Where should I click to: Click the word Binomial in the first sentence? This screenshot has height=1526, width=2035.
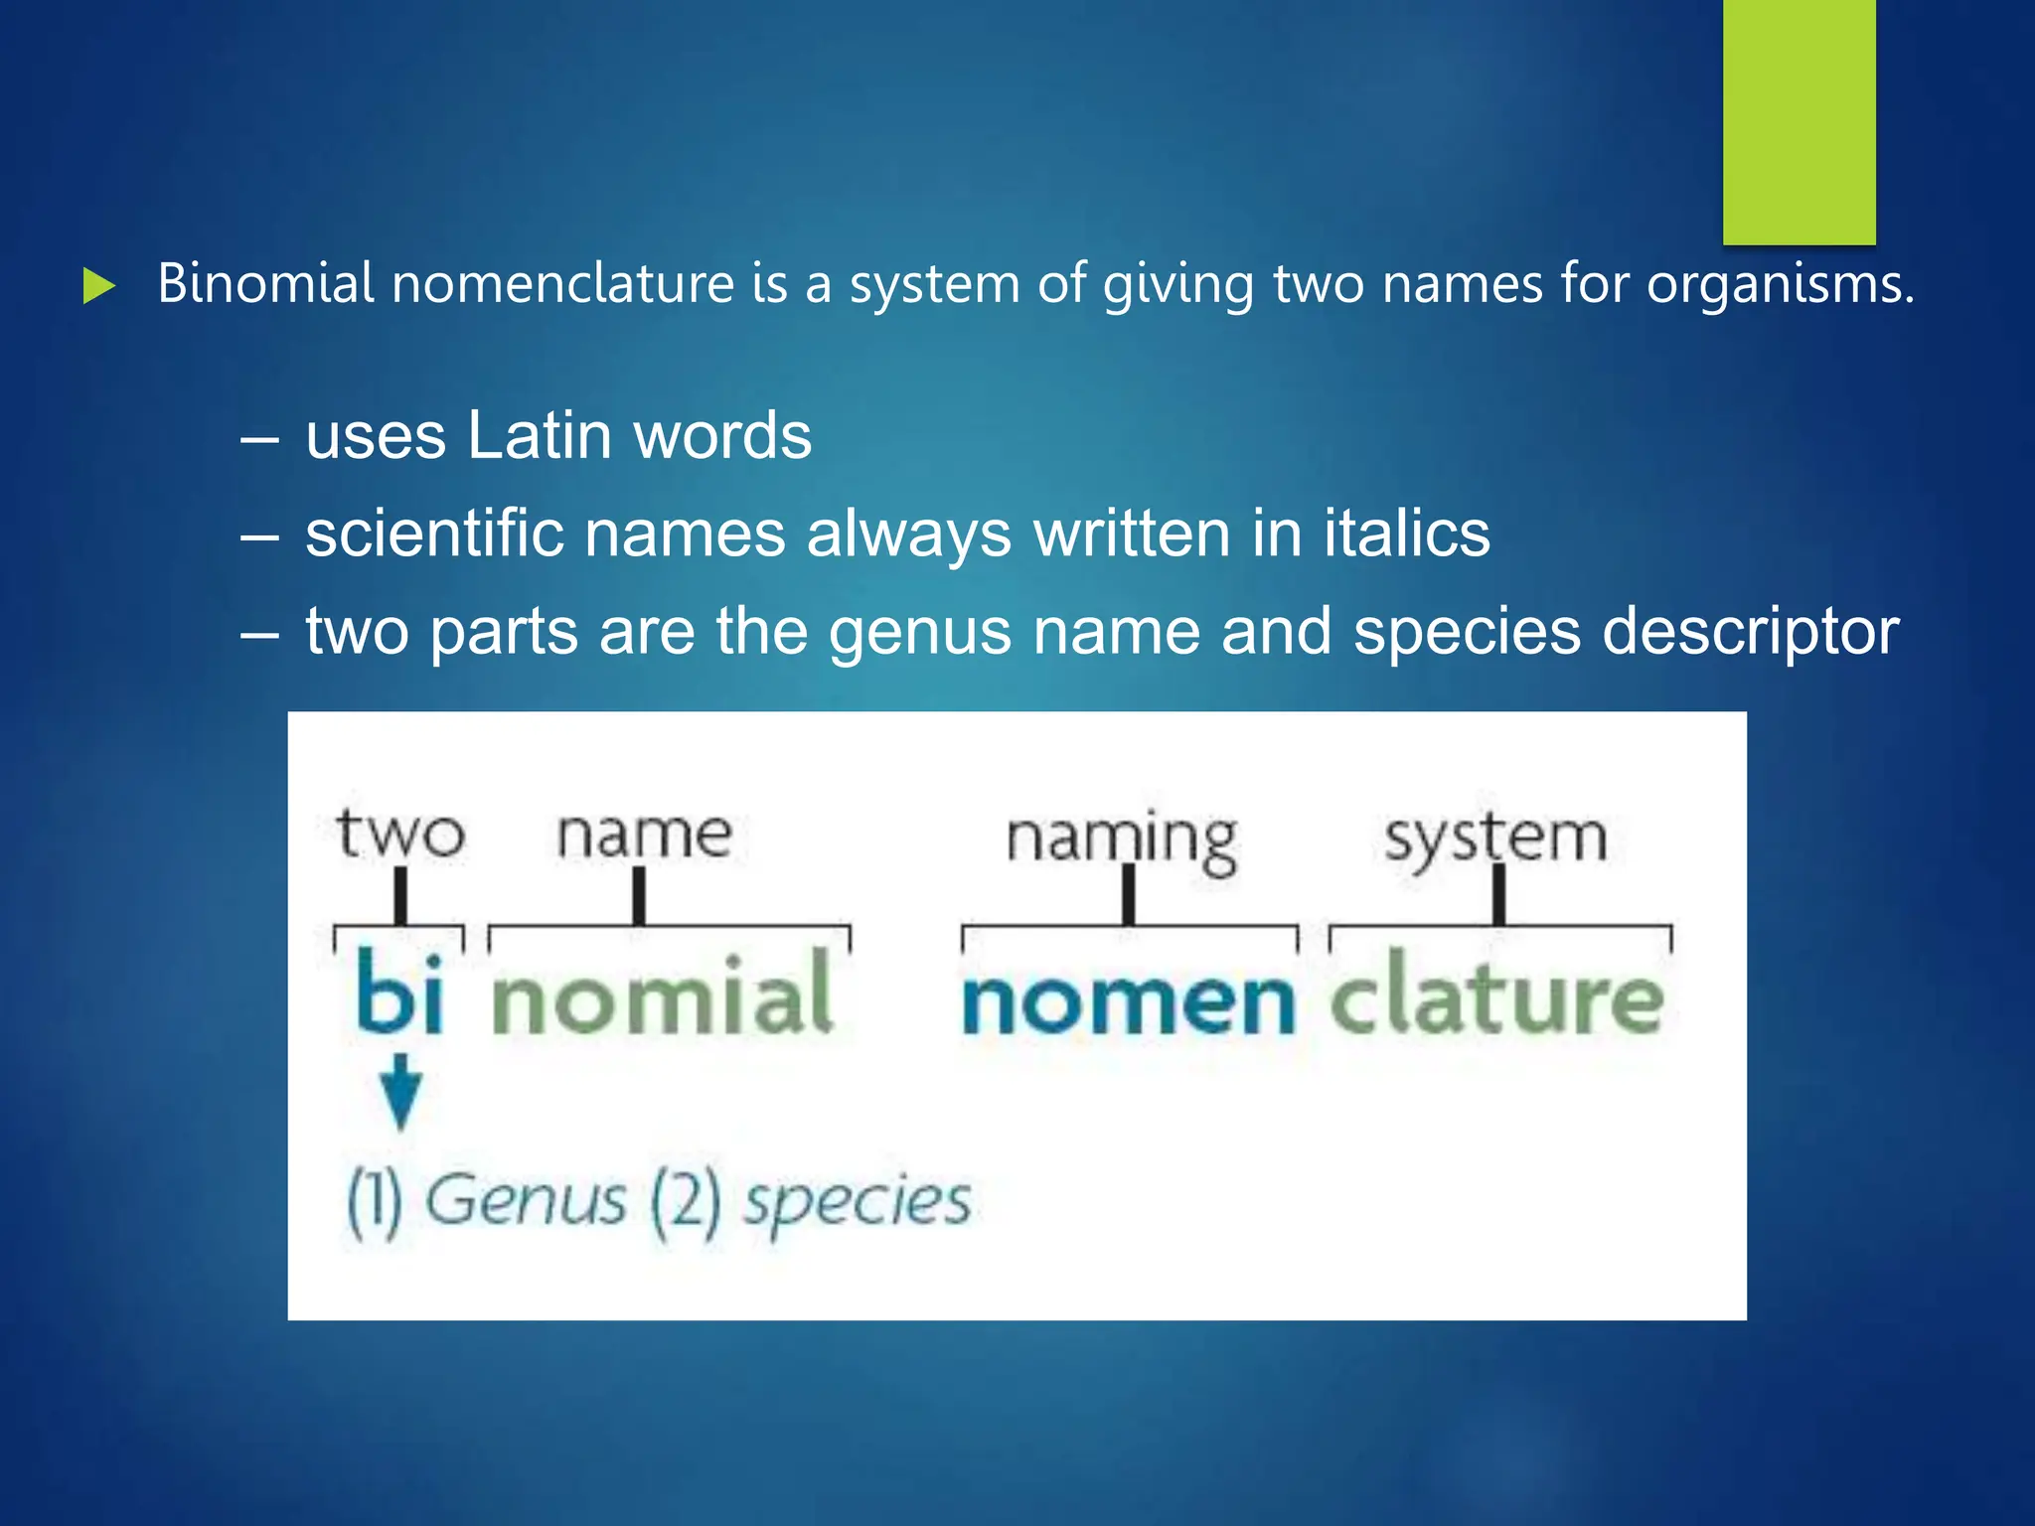[x=265, y=284]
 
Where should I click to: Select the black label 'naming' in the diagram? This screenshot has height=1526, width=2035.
[x=1122, y=839]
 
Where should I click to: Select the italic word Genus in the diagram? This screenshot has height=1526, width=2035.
[x=526, y=1200]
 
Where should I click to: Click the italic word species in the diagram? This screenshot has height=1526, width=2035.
[x=858, y=1202]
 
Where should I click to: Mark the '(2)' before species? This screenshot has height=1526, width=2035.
[x=685, y=1202]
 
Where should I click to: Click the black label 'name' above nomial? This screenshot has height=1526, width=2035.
[x=644, y=835]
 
